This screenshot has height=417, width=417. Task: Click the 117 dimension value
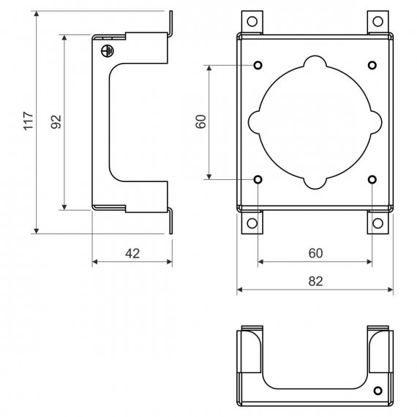click(x=29, y=121)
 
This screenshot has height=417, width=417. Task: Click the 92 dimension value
click(x=56, y=121)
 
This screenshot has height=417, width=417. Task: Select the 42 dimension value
click(x=132, y=254)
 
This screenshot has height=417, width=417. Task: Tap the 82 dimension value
click(x=315, y=282)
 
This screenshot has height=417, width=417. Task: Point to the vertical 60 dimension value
click(x=200, y=121)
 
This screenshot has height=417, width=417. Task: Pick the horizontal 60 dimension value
click(x=315, y=253)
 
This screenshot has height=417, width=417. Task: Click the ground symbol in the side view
click(x=108, y=50)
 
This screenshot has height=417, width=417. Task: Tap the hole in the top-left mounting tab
click(x=252, y=21)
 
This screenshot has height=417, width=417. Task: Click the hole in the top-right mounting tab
click(x=377, y=21)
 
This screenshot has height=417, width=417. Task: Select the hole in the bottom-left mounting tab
click(x=252, y=223)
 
